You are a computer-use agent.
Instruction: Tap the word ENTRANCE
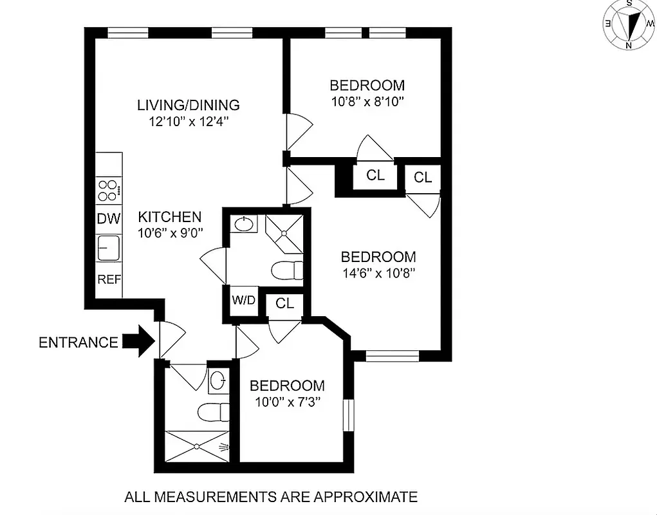coord(79,342)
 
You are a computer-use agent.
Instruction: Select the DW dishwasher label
coord(109,219)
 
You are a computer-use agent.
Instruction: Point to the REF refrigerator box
coord(109,280)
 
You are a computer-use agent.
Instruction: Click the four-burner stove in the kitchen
coord(108,191)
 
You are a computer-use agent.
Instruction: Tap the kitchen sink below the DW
coord(109,248)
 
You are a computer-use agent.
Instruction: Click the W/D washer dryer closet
coord(243,301)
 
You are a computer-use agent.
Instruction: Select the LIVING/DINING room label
coord(188,105)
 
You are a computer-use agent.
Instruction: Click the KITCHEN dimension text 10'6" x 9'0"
coord(171,234)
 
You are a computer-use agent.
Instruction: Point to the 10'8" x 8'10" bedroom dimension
coord(367,101)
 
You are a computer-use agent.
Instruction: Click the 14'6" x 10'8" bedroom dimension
coord(378,272)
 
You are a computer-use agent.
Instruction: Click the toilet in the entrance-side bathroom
coord(213,411)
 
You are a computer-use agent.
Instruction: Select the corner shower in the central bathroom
coord(284,230)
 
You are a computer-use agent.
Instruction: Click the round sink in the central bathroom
coord(243,225)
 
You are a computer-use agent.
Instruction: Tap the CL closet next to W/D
coord(284,303)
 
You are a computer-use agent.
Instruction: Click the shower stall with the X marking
coord(198,446)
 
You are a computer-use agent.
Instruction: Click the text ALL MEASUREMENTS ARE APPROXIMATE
coord(271,496)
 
